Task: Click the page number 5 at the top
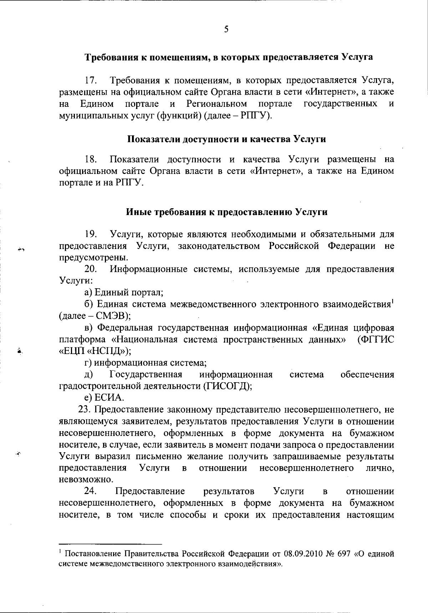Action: (x=226, y=29)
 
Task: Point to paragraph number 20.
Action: (x=91, y=269)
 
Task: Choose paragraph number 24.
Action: (x=91, y=491)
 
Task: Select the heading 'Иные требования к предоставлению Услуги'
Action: (x=227, y=212)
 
